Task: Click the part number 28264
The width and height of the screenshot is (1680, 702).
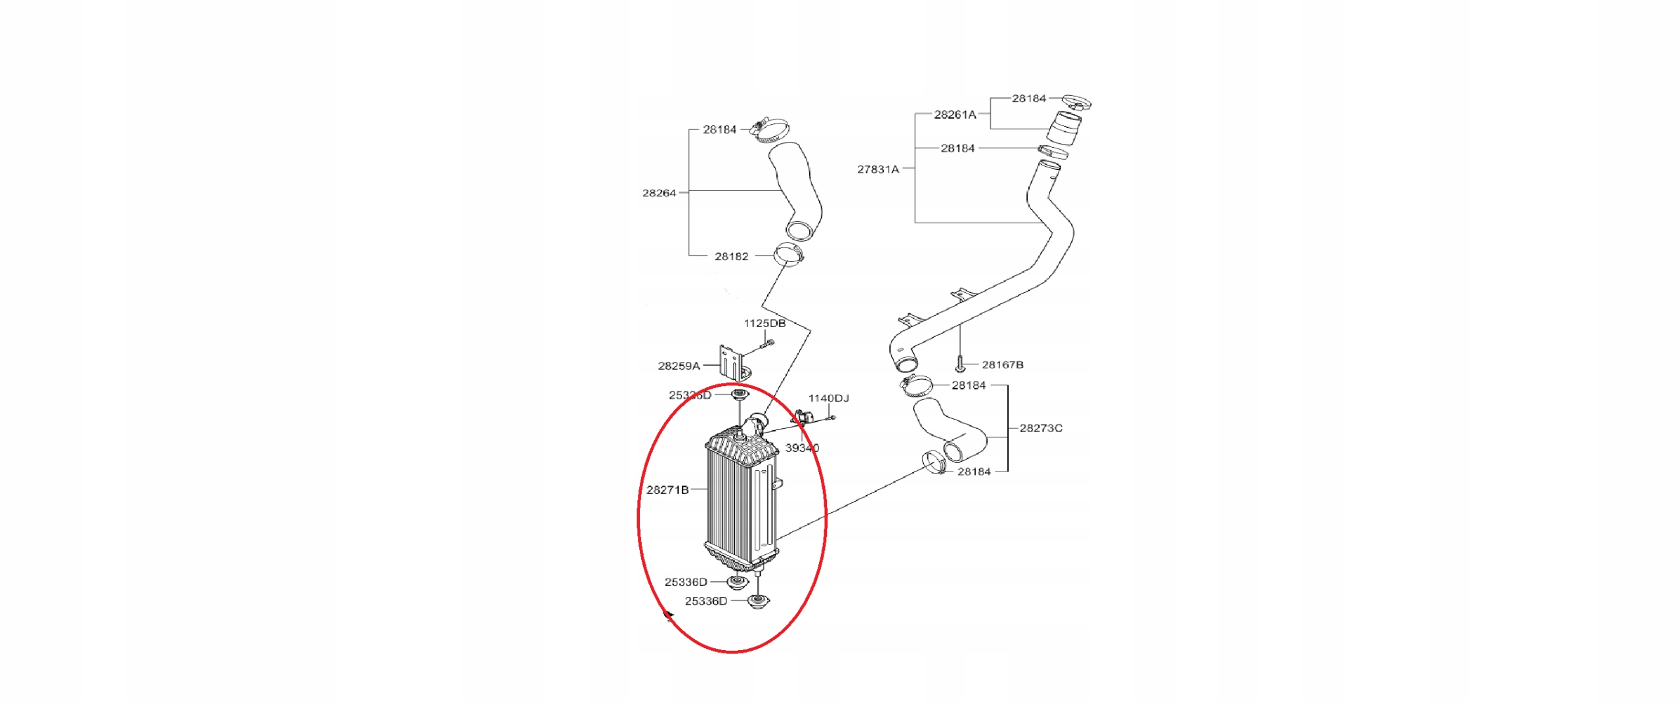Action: point(658,193)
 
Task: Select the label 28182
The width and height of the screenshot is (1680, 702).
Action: point(731,256)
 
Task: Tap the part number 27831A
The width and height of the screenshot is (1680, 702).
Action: point(877,169)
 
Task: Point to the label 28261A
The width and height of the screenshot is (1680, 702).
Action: point(954,115)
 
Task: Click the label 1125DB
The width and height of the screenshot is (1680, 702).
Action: point(764,323)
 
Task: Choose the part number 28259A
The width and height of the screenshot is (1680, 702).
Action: point(679,366)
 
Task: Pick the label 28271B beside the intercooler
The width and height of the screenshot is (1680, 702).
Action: point(667,490)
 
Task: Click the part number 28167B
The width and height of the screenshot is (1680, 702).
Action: point(1002,364)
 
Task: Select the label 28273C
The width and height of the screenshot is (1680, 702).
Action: point(1040,428)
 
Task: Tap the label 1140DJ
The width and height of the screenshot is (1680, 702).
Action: point(828,398)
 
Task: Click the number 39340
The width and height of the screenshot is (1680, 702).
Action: point(801,448)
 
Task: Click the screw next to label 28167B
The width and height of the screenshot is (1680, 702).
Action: point(959,362)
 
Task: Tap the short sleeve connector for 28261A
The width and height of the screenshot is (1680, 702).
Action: point(1064,128)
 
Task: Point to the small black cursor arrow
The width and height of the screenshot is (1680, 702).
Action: point(669,616)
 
